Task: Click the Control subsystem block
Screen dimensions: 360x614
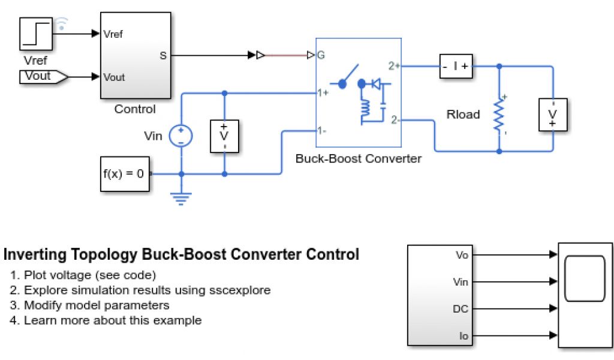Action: click(135, 55)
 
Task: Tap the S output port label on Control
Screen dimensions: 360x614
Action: click(163, 56)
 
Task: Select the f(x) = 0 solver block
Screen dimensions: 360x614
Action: click(124, 173)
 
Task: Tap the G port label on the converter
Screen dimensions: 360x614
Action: click(321, 56)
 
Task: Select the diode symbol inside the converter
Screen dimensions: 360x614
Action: click(377, 85)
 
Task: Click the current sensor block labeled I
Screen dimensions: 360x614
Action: click(456, 66)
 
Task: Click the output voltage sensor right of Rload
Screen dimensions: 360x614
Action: click(553, 114)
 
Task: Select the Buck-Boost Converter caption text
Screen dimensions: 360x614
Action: click(359, 160)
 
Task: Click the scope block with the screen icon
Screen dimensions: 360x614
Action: click(585, 295)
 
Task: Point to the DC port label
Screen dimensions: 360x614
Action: click(460, 309)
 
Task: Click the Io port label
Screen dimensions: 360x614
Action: click(463, 336)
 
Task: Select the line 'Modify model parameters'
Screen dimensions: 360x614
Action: click(97, 305)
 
